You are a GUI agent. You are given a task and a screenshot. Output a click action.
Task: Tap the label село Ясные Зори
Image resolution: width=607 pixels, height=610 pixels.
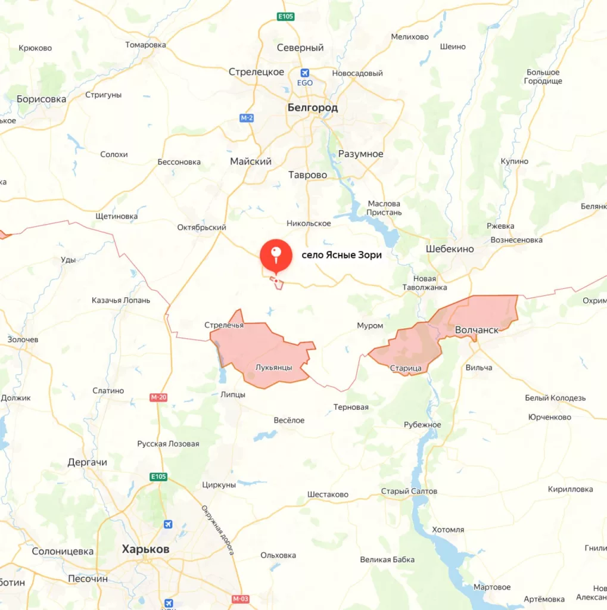point(341,255)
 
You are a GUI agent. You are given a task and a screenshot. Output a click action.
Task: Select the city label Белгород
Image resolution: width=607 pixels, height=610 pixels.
point(312,108)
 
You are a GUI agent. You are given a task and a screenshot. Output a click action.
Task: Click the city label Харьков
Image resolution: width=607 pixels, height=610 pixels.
point(145,549)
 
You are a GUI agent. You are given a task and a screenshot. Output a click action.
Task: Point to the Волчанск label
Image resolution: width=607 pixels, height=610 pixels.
point(476,329)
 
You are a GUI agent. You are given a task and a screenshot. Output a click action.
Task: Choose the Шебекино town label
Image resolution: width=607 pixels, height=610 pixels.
point(450,249)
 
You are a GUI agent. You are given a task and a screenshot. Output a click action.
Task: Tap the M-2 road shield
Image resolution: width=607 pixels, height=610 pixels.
point(247,118)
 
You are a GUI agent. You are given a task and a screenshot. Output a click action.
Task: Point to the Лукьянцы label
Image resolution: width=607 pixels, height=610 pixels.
point(273,368)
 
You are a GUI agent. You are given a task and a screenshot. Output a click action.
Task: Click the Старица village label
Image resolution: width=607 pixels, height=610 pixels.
point(406,368)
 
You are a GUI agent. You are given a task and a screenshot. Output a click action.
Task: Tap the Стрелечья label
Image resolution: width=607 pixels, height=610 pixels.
point(223,325)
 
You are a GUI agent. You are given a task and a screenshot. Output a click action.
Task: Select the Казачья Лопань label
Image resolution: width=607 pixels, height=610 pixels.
point(121,300)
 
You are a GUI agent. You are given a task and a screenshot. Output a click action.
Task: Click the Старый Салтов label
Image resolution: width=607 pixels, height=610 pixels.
point(409,491)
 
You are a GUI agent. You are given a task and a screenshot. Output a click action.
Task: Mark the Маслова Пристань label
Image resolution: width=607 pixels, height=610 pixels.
point(384,208)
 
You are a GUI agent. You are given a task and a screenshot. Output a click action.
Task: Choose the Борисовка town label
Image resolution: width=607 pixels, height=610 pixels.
point(41,99)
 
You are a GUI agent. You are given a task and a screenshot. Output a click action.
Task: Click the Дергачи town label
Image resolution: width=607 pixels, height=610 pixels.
point(87,462)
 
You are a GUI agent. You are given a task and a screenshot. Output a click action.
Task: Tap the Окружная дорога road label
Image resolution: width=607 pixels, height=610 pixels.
point(217,530)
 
